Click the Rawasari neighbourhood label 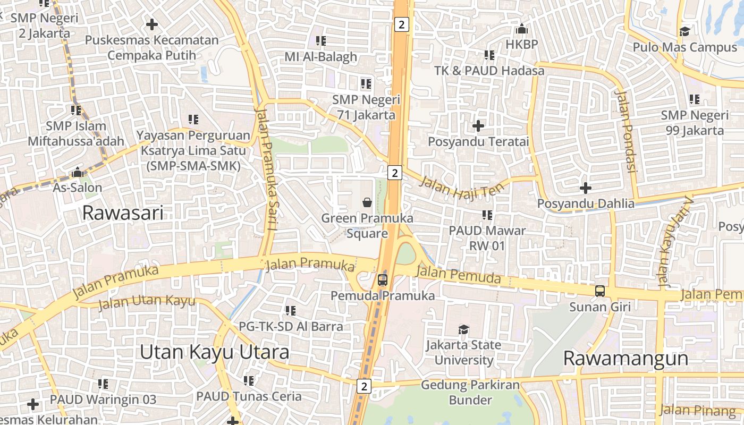[x=123, y=213]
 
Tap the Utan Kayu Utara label [x=215, y=352]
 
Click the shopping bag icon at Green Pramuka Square [x=367, y=202]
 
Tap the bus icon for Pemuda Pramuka [x=383, y=279]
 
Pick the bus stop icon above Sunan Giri [x=599, y=291]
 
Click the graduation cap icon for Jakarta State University [x=464, y=329]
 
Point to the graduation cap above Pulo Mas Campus [x=684, y=31]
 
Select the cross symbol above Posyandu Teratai [x=478, y=126]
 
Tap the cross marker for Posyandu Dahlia [x=585, y=188]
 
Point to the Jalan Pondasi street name [x=625, y=131]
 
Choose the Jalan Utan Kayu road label [x=147, y=302]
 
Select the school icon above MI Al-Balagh [x=320, y=40]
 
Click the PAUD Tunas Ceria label [x=249, y=396]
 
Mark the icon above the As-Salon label [x=78, y=173]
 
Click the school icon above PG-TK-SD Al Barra [x=290, y=310]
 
